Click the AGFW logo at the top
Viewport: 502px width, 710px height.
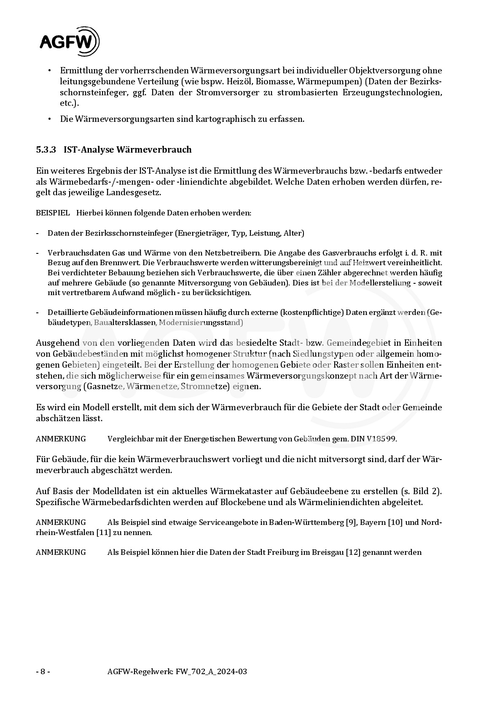pos(70,42)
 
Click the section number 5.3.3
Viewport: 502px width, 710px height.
pos(46,150)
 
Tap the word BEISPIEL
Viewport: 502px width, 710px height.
pos(53,213)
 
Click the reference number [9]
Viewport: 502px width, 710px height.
pos(351,522)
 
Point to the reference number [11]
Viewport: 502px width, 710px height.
pos(104,532)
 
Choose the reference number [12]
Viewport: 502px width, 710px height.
pos(353,552)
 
